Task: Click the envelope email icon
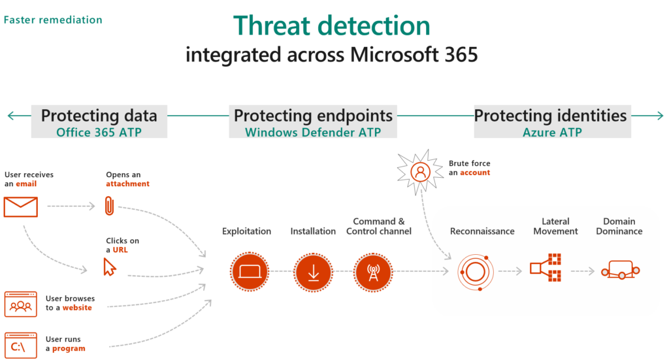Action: click(21, 206)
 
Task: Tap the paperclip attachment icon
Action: click(109, 206)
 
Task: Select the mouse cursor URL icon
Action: click(110, 266)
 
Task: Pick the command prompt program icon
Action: click(21, 344)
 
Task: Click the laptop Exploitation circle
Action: click(250, 271)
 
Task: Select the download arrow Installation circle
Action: click(313, 271)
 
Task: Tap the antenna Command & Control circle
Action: click(373, 271)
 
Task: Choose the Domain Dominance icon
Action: click(619, 270)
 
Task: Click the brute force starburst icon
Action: click(420, 171)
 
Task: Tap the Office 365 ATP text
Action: click(99, 131)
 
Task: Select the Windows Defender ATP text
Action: click(313, 131)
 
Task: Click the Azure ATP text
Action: click(552, 131)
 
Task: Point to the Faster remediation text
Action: click(53, 20)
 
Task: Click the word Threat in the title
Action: click(275, 25)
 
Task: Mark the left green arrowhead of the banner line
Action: click(10, 116)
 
